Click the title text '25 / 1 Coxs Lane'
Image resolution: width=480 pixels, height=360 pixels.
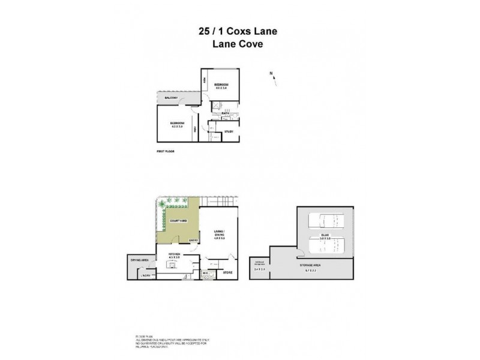239,31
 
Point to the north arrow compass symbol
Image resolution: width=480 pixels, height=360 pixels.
272,78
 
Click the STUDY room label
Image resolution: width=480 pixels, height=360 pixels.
229,131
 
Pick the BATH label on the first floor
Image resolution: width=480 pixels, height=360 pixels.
226,113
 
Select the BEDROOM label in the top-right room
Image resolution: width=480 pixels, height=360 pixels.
221,85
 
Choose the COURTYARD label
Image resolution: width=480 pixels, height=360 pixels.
178,221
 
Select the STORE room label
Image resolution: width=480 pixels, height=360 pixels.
228,272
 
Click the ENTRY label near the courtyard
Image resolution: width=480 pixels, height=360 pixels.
193,241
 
